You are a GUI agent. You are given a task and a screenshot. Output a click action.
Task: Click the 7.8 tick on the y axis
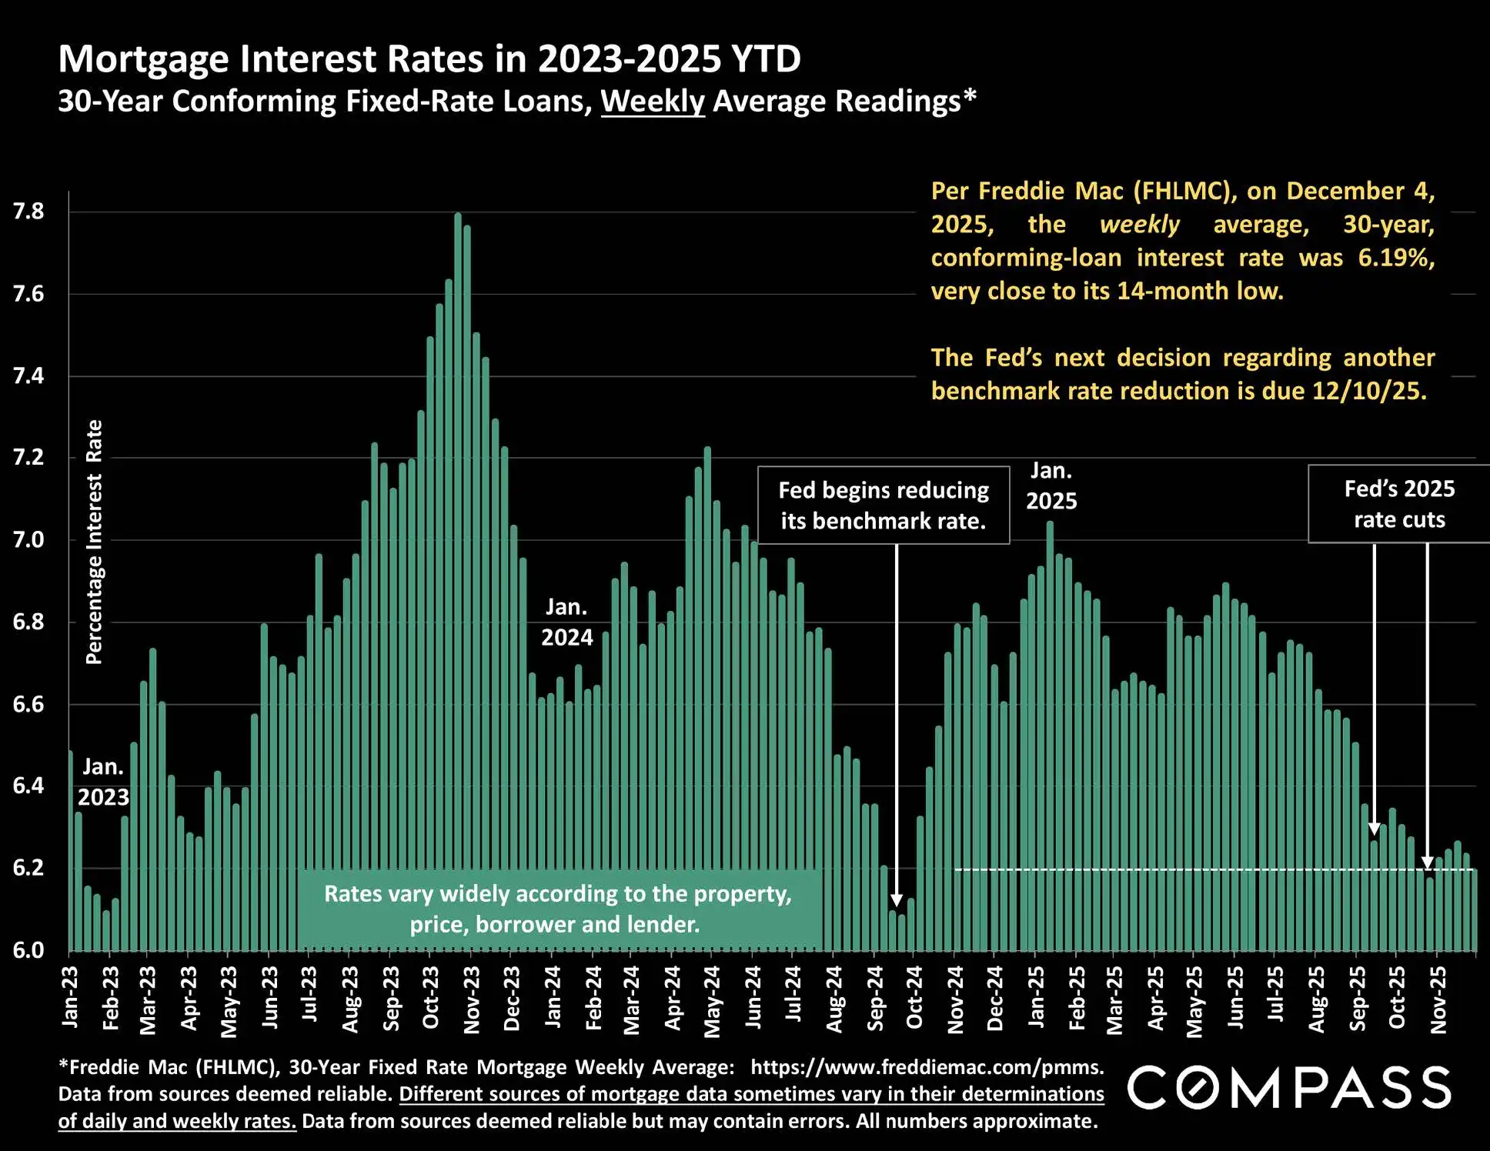28,212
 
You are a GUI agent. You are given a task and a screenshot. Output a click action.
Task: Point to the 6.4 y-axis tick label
28,786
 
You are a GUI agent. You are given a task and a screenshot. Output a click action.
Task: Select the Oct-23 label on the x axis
431,998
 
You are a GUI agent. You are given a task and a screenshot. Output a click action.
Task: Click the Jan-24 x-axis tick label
553,998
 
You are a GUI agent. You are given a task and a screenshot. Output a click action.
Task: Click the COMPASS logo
1289,1088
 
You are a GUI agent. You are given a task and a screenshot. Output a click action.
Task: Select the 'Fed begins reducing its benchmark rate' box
884,505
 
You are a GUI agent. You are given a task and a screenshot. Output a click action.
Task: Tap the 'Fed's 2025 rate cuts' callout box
1399,504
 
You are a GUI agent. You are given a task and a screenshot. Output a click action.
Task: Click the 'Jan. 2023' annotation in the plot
103,782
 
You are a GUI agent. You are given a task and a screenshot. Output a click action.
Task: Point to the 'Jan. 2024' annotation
567,622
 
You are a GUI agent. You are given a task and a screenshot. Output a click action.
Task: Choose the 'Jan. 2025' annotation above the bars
1051,486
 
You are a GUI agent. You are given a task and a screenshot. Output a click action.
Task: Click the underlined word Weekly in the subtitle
653,102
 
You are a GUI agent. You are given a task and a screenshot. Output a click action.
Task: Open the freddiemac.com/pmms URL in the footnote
927,1067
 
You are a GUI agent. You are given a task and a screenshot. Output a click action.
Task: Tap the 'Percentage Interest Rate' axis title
94,542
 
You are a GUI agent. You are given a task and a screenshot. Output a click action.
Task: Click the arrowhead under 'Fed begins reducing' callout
897,900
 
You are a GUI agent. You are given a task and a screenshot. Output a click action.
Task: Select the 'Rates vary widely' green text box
559,909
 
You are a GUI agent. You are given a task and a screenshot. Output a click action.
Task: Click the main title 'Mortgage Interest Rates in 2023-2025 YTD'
429,59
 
